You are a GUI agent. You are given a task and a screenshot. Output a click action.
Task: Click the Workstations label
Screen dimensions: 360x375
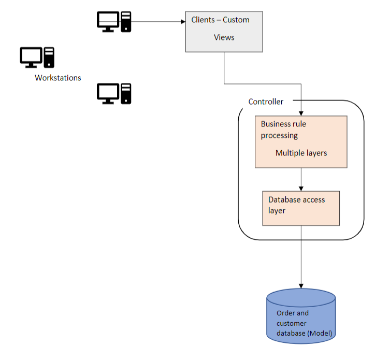[x=58, y=78]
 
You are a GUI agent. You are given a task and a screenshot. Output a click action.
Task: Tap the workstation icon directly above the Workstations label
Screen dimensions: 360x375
[x=37, y=57]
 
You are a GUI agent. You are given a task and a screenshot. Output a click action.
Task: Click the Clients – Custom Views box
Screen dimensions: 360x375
[x=224, y=31]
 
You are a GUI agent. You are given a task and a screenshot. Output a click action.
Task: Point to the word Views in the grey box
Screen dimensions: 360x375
[x=224, y=37]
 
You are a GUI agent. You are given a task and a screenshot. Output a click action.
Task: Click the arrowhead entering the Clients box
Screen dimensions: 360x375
[x=183, y=22]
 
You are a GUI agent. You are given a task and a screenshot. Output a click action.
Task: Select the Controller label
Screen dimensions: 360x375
[x=266, y=102]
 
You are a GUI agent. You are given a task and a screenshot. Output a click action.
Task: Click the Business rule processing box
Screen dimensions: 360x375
[x=301, y=141]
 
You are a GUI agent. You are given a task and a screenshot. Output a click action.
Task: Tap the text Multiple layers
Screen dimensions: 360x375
[x=301, y=153]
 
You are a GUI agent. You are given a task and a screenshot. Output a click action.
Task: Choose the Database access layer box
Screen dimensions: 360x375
[x=301, y=208]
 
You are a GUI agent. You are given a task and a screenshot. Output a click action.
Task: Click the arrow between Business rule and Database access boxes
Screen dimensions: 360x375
[x=301, y=179]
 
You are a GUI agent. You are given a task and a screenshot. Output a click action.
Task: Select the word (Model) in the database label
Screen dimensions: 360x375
[x=320, y=333]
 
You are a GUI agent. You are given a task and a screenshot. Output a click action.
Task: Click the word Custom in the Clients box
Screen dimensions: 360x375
[x=236, y=20]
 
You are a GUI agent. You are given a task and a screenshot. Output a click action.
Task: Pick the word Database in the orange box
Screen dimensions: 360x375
[x=284, y=199]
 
